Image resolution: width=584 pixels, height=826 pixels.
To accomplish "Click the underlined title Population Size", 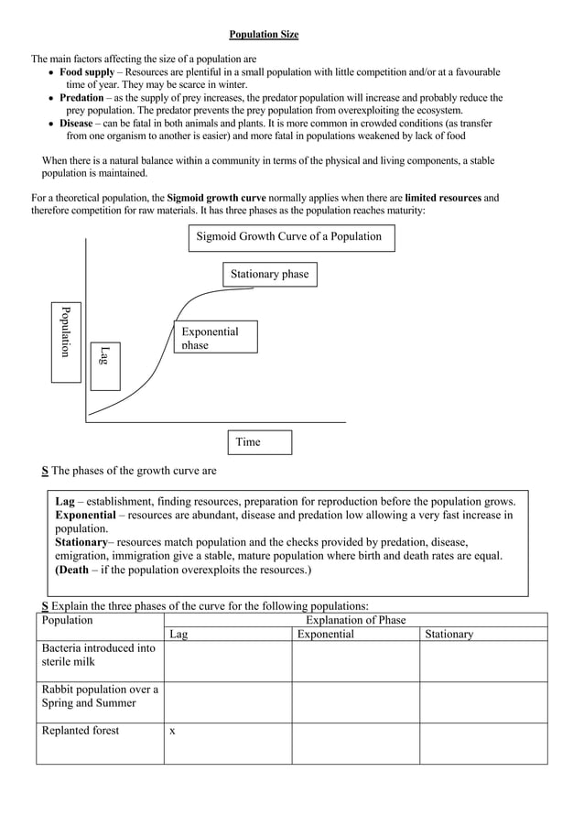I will (x=264, y=35).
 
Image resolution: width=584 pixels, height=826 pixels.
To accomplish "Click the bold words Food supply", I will (x=87, y=71).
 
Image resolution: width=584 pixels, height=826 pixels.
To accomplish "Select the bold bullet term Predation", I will (x=81, y=97).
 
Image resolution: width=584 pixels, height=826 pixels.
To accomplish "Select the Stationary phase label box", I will (x=269, y=274).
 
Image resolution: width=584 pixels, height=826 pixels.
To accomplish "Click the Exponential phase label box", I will (x=215, y=337).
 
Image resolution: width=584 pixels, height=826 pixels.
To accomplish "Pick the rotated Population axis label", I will (x=66, y=331).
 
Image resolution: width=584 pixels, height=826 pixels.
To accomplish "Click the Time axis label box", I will (x=259, y=442).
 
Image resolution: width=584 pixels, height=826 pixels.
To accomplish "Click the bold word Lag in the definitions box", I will (x=65, y=502).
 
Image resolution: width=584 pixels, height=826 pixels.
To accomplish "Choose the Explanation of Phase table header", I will (x=355, y=620).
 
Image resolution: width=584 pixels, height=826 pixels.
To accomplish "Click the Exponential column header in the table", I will (x=325, y=634).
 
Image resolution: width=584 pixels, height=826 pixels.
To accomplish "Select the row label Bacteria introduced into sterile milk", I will (x=99, y=655).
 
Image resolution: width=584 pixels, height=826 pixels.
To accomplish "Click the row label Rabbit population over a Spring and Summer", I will (x=100, y=696).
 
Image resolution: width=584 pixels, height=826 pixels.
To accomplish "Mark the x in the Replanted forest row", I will (x=172, y=731).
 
